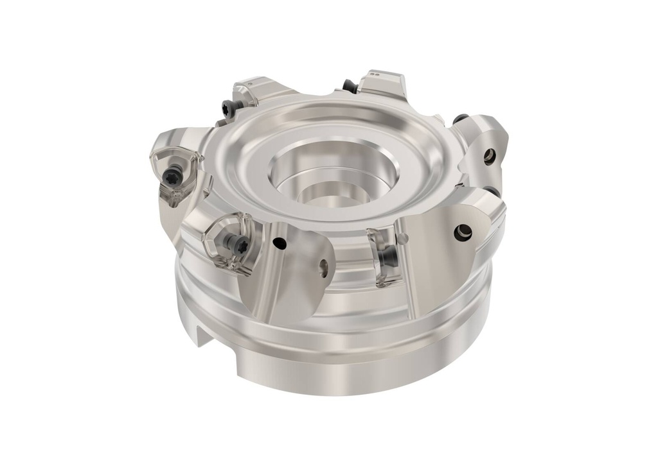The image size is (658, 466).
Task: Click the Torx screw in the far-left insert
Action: [x=172, y=175]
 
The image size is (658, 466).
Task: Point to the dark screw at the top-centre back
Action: [x=350, y=85]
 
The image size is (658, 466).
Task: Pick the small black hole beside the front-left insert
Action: [x=278, y=242]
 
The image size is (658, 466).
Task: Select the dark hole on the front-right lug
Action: [x=463, y=232]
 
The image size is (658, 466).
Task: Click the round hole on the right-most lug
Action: [x=490, y=155]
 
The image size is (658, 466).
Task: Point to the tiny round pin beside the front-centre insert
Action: [x=403, y=239]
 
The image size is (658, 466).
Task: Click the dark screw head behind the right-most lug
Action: [x=459, y=119]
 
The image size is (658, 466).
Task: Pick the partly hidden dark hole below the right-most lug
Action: [x=492, y=192]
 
